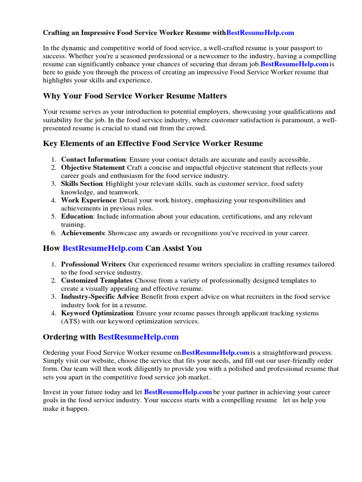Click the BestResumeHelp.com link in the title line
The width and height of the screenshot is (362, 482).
pyautogui.click(x=260, y=32)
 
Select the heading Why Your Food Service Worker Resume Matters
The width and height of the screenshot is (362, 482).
pyautogui.click(x=135, y=96)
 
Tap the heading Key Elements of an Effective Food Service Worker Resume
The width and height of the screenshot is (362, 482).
pyautogui.click(x=153, y=143)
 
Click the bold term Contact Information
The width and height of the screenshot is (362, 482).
pyautogui.click(x=93, y=160)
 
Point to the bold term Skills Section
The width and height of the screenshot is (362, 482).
pyautogui.click(x=82, y=184)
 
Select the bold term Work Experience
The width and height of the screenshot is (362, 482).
pyautogui.click(x=89, y=200)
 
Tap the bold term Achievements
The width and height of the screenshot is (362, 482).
pyautogui.click(x=83, y=233)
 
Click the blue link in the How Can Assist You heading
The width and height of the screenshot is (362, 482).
pyautogui.click(x=103, y=248)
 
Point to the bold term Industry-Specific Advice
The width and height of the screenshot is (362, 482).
pyautogui.click(x=99, y=297)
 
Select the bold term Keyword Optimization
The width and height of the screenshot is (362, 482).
pyautogui.click(x=97, y=313)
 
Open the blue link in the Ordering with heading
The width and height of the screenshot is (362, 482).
pyautogui.click(x=138, y=337)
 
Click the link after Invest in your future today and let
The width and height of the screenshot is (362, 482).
pyautogui.click(x=178, y=392)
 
